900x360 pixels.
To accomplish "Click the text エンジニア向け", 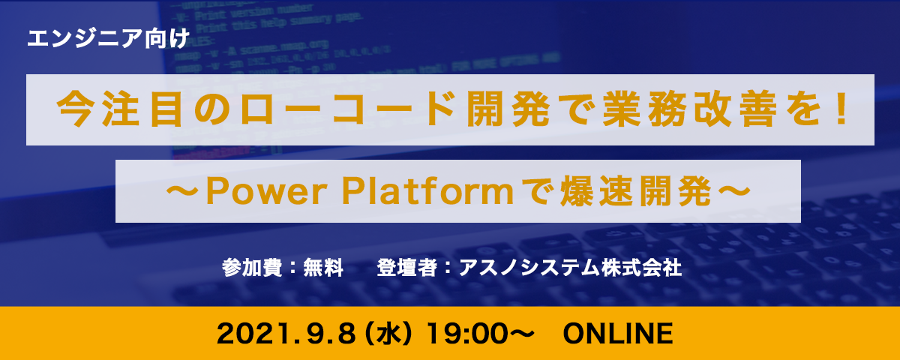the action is pos(108,39).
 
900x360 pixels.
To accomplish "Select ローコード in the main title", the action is pos(348,109).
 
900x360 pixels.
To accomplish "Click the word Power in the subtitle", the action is pos(266,192).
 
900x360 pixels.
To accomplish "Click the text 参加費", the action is pos(252,268).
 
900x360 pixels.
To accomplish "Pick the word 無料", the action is pos(323,268).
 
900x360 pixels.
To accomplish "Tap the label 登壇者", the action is pos(406,268).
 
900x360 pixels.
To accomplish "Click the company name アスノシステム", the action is pos(529,268).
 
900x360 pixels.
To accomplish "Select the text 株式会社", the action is pos(641,268).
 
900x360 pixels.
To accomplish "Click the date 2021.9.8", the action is pos(286,334).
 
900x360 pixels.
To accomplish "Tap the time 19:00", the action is pos(466,334).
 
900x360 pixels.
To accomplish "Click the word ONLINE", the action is pos(618,334).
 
